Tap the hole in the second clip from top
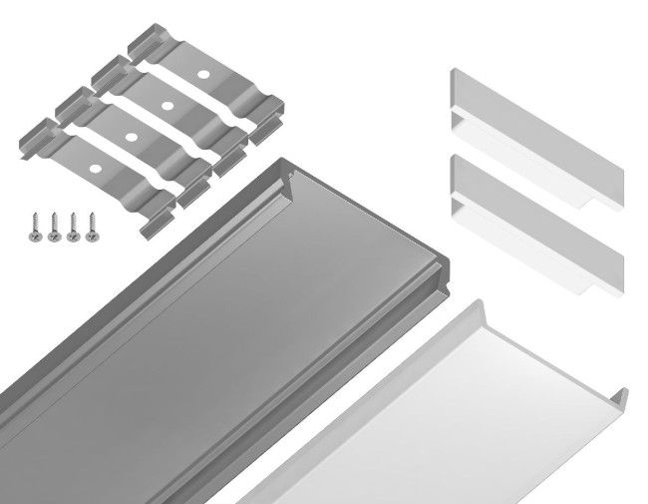coord(165,104)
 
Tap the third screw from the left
coord(72,227)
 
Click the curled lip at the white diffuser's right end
coord(619,396)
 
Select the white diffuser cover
coord(449,419)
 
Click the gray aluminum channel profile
coord(219,329)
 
